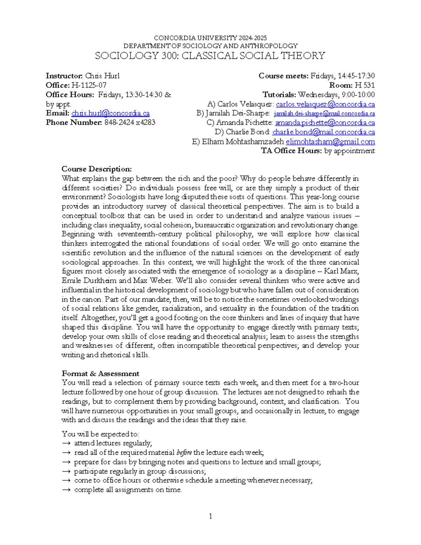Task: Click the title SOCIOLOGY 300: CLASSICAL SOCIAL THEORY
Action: point(210,56)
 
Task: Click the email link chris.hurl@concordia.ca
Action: point(110,113)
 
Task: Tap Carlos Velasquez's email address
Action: point(325,104)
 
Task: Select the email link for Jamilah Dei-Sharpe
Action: point(324,114)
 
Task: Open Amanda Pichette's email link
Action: point(325,123)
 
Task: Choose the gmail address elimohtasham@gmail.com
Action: point(330,142)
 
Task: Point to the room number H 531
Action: point(365,85)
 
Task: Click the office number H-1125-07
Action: point(89,85)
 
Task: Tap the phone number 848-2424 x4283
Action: point(130,122)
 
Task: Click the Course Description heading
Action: point(96,169)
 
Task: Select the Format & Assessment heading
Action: point(100,374)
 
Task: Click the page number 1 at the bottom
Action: point(210,516)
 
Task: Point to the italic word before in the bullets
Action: point(184,453)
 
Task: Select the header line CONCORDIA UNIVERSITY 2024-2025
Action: point(210,38)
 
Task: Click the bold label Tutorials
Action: point(279,95)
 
